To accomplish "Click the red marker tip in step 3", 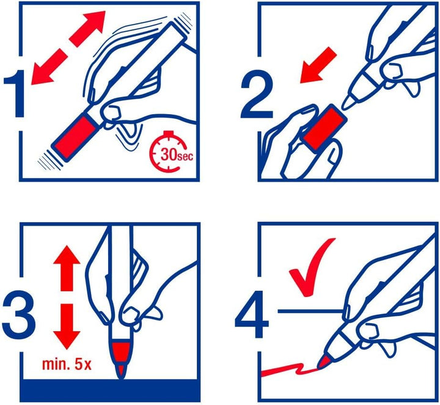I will pyautogui.click(x=122, y=360).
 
